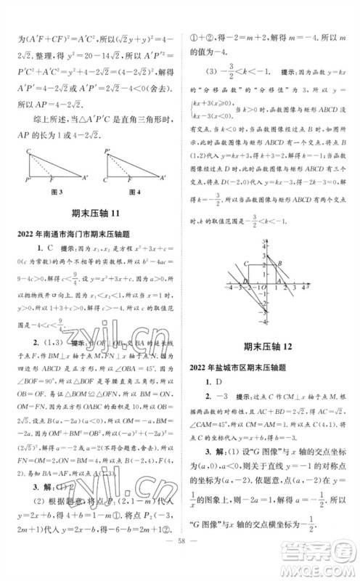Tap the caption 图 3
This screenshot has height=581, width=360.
54,211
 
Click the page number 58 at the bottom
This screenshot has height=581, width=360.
179,561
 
